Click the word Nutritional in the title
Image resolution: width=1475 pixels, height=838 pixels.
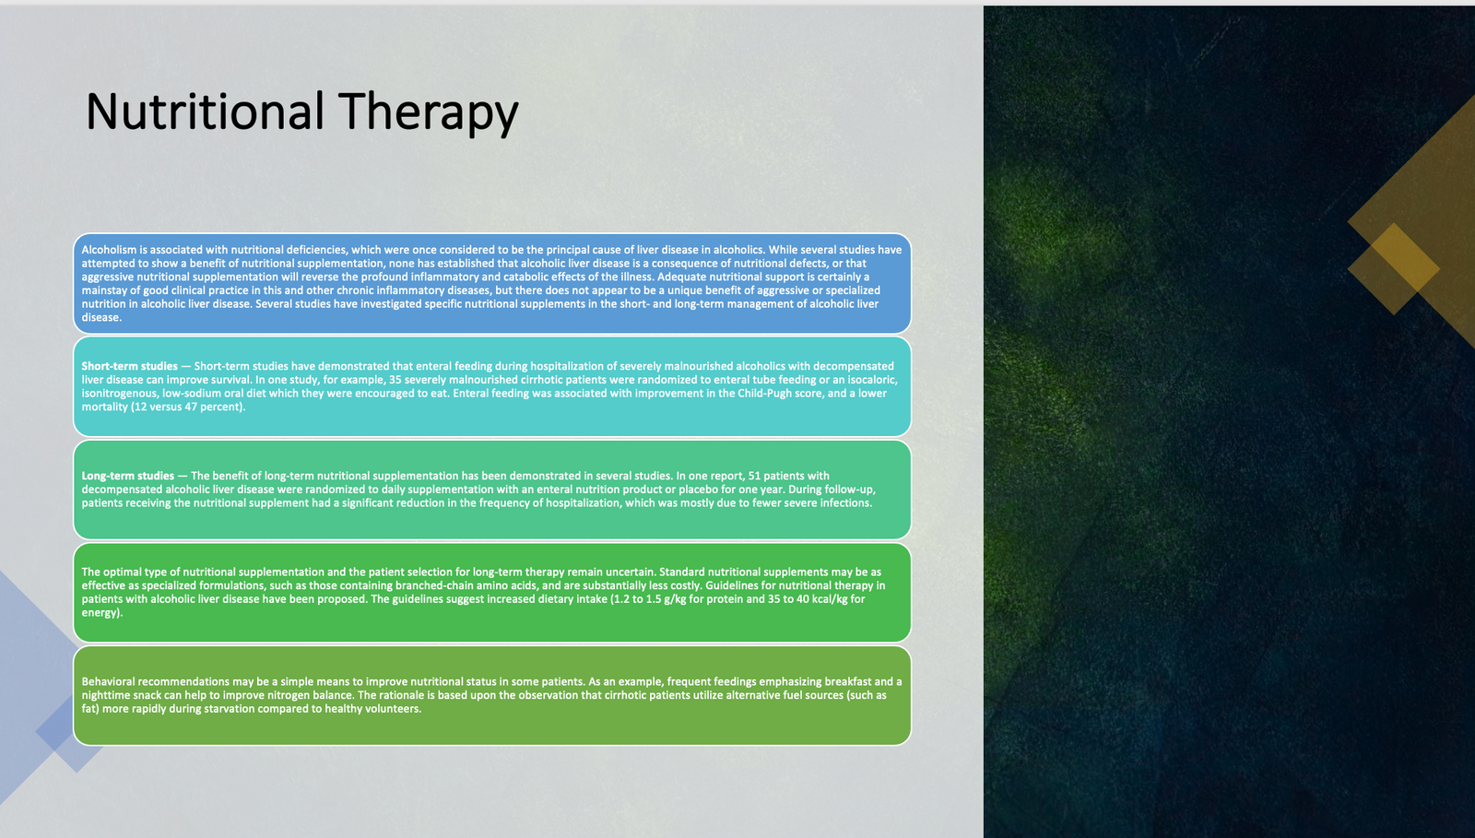tap(205, 111)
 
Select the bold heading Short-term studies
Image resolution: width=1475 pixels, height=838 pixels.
tap(130, 366)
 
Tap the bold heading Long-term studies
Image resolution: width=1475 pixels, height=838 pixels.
tap(128, 476)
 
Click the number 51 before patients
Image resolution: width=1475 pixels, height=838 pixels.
tap(755, 476)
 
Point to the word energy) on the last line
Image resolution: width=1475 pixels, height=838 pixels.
tap(102, 613)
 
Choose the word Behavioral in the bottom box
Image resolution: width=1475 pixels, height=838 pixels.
tap(108, 681)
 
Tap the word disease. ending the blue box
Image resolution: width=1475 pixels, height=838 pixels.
tap(101, 317)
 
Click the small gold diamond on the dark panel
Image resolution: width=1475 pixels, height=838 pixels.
tap(1393, 268)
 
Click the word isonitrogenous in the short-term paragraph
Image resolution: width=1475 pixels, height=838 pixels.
tap(120, 394)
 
